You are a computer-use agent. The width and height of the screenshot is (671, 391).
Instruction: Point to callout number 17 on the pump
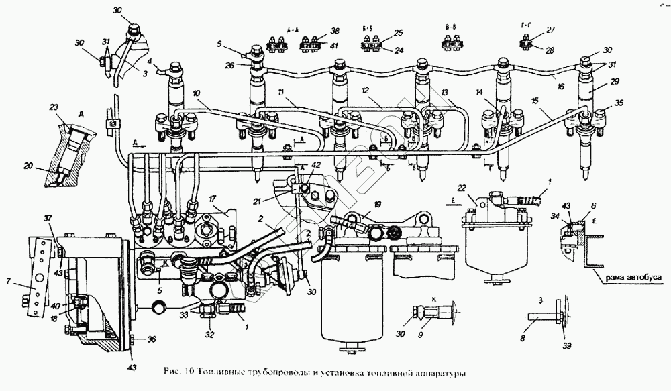[x=211, y=198]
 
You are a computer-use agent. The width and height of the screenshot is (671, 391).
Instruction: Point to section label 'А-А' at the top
[x=292, y=31]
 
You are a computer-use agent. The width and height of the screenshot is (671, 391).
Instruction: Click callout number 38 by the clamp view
[x=335, y=32]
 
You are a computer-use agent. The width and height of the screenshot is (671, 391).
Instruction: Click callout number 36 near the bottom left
[x=152, y=339]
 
